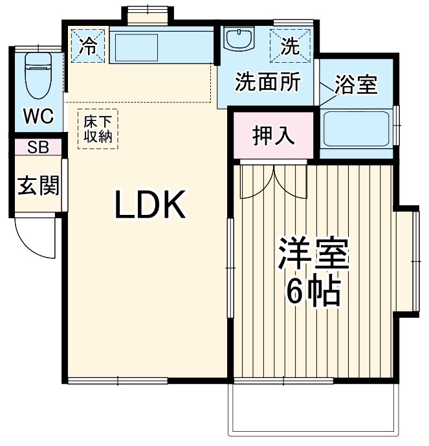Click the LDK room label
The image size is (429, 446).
point(150,206)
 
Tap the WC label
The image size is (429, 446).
point(39,117)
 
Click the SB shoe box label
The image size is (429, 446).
point(38,147)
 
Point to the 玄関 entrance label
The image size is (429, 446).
point(38,186)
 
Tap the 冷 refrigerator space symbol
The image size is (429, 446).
point(87,46)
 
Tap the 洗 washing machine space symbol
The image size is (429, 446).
point(292,46)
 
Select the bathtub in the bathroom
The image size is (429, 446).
point(356,129)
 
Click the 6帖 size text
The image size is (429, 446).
point(313,293)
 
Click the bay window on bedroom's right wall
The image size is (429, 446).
point(408,263)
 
